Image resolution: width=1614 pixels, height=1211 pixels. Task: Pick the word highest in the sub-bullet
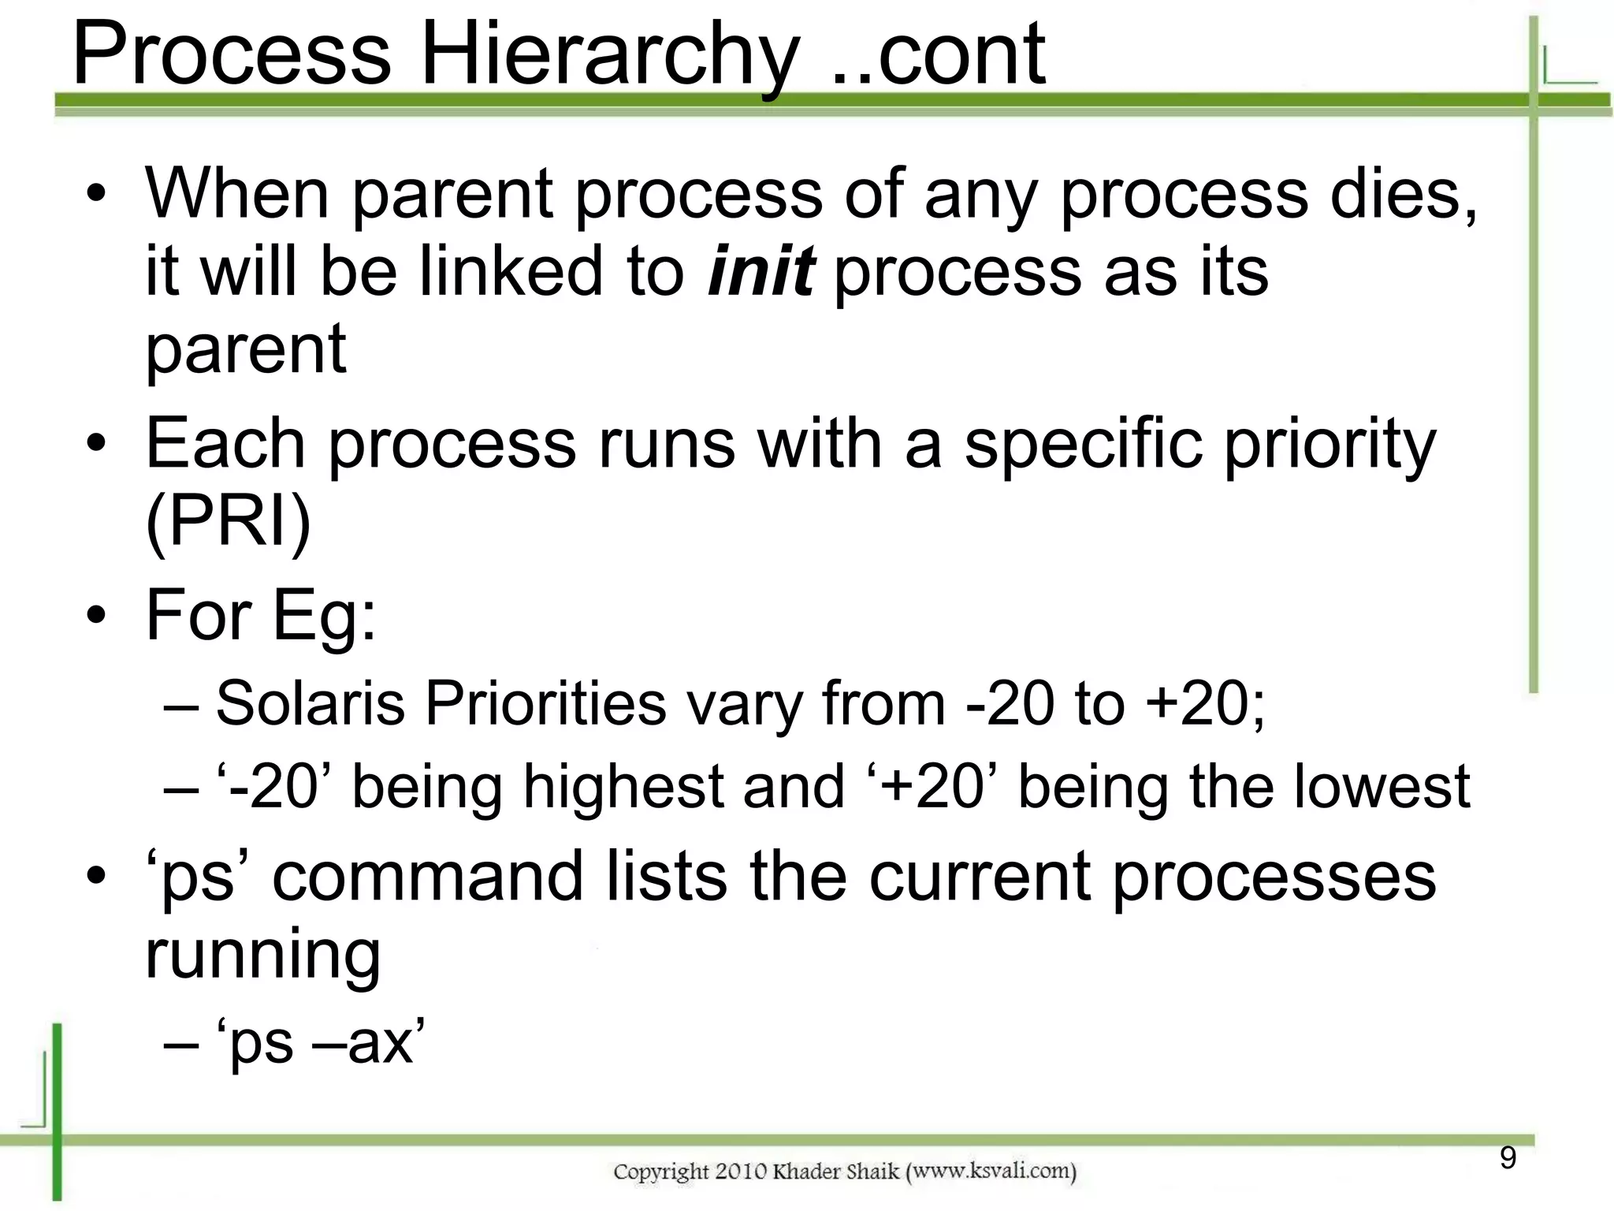623,787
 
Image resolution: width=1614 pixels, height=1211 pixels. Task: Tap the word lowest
1382,787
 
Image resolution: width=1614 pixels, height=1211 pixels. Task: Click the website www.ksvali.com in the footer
991,1171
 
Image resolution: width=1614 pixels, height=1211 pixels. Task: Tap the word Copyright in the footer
660,1172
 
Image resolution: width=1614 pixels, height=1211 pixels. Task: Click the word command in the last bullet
427,877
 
